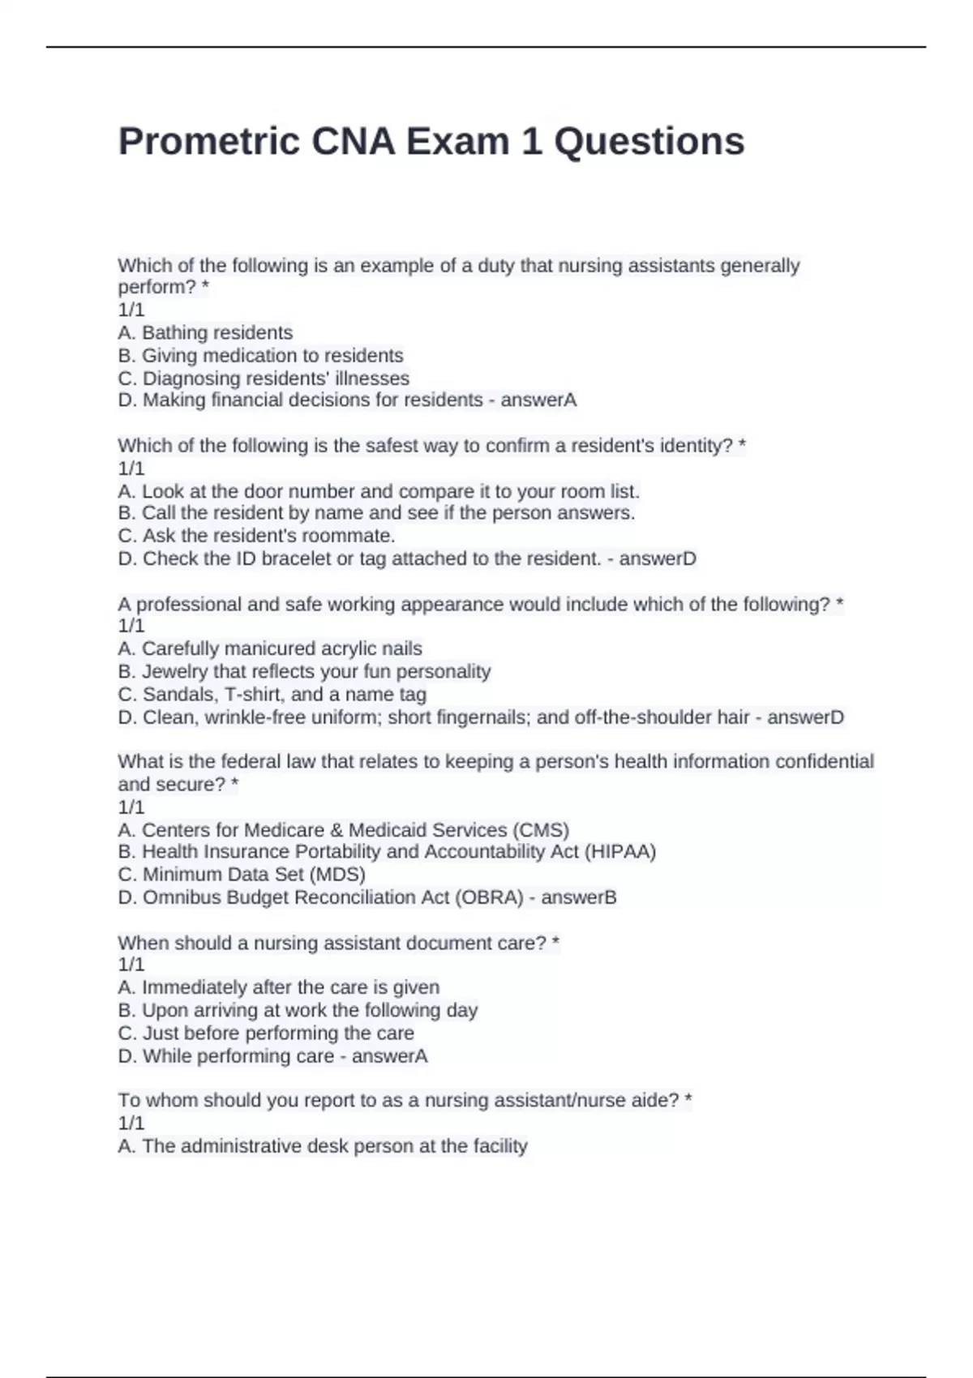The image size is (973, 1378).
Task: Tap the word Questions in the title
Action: (649, 142)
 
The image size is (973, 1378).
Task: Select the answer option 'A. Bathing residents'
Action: (205, 332)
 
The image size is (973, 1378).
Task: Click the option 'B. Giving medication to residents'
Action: (260, 355)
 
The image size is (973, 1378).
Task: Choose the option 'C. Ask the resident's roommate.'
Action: (256, 535)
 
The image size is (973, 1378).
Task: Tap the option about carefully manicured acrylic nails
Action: (270, 648)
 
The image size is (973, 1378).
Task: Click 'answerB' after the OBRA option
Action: (579, 897)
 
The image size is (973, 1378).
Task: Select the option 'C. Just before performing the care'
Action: (266, 1033)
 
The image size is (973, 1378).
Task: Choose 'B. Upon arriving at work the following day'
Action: (298, 1010)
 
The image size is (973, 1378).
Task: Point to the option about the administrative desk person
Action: (323, 1145)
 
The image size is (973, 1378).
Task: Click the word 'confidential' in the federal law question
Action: (825, 761)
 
